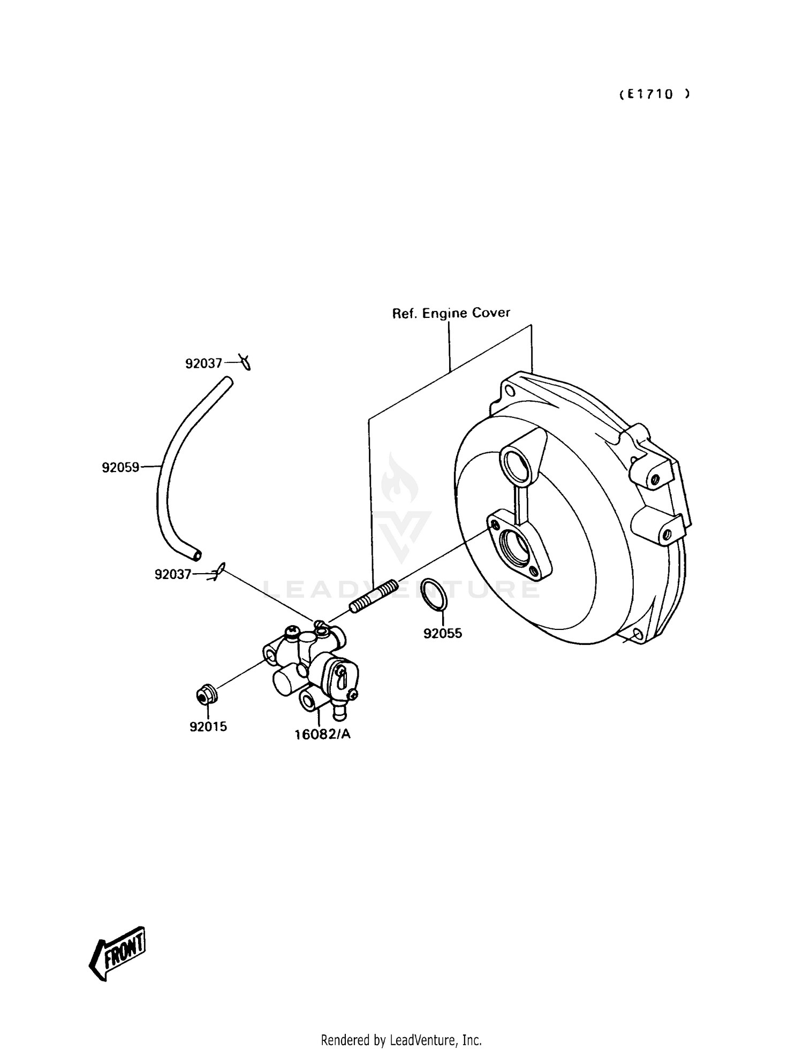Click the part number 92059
120,468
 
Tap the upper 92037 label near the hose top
203,364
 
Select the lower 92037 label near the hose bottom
173,574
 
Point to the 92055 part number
443,634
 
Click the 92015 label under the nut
208,727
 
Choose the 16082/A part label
323,734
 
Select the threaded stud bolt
373,596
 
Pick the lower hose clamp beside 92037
219,572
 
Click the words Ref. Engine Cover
451,313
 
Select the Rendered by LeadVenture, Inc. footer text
401,1040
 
